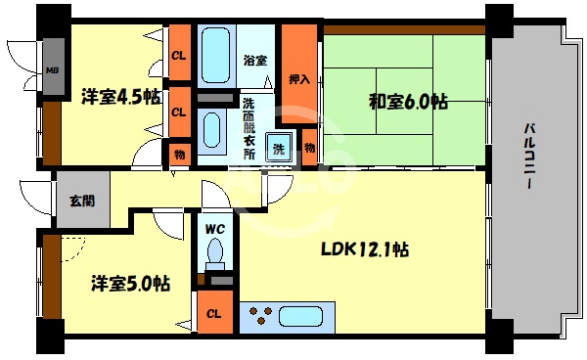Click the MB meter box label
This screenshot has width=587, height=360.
pos(52,71)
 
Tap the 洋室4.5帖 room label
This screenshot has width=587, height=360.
pos(121,97)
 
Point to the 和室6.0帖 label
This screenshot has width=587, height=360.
pos(409,101)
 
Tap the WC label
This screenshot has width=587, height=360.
pos(215,230)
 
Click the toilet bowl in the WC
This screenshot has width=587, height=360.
pos(215,256)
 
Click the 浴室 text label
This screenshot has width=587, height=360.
pos(255,61)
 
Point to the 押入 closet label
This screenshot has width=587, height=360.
pos(299,79)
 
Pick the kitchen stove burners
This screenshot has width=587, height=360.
pos(261,317)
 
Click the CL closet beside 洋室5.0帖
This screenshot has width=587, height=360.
pos(213,315)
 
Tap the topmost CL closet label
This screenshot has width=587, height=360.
pos(179,57)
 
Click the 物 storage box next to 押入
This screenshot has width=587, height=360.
pos(309,147)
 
